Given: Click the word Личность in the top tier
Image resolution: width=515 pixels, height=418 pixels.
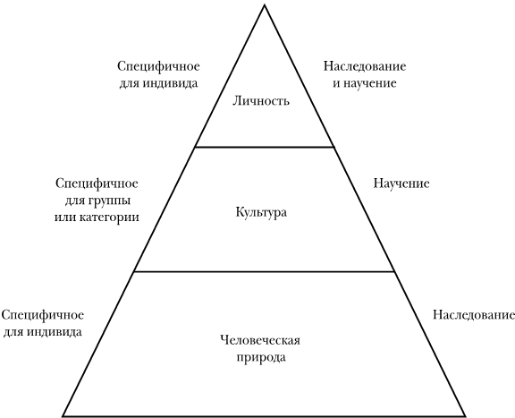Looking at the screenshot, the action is [x=261, y=100].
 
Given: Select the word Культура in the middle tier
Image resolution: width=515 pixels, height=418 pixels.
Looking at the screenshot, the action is [x=261, y=212].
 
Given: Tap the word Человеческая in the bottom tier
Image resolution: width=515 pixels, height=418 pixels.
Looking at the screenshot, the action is [x=260, y=340].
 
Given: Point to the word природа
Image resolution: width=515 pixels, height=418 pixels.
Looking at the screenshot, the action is [x=261, y=357].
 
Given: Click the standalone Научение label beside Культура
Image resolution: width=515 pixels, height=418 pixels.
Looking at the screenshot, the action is [x=401, y=183].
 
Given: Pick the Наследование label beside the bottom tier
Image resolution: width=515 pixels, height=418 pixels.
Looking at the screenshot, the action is [x=473, y=315].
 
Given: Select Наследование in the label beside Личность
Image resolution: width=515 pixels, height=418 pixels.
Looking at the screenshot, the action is [x=365, y=66].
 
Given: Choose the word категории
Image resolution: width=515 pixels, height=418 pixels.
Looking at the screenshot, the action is [x=110, y=218].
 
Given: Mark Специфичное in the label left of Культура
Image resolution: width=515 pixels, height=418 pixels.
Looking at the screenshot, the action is [x=97, y=183].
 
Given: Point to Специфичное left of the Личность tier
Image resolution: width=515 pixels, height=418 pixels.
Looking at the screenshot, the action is [x=158, y=66].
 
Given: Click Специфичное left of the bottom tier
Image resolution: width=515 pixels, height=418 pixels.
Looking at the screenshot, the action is [x=43, y=315].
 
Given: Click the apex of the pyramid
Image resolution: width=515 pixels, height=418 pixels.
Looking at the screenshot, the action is [x=265, y=4].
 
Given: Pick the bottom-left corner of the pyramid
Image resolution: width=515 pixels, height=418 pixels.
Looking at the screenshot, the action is [x=63, y=416].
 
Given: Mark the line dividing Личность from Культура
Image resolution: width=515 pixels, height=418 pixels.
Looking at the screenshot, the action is [x=265, y=147].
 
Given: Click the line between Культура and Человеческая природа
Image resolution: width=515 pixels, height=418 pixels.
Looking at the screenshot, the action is [x=265, y=271].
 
